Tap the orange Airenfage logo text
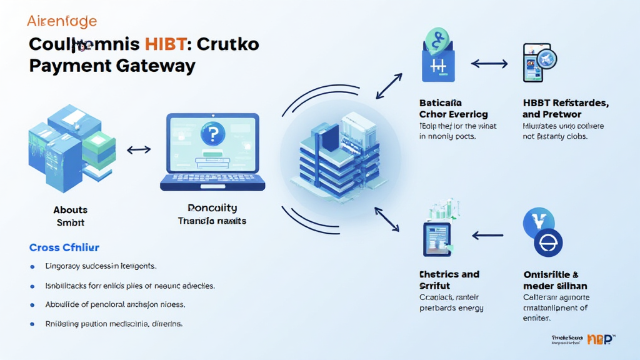62,21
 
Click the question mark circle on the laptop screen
212,134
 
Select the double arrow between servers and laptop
138,150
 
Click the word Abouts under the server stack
70,210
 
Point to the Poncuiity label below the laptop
212,208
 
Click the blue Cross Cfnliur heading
64,247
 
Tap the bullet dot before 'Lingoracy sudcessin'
32,266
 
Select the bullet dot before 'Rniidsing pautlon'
32,324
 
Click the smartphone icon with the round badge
537,62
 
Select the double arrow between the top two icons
489,63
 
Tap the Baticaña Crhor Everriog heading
453,108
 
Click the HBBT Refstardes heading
566,108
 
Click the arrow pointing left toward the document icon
488,236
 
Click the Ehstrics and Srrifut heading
449,280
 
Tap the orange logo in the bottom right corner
598,339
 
